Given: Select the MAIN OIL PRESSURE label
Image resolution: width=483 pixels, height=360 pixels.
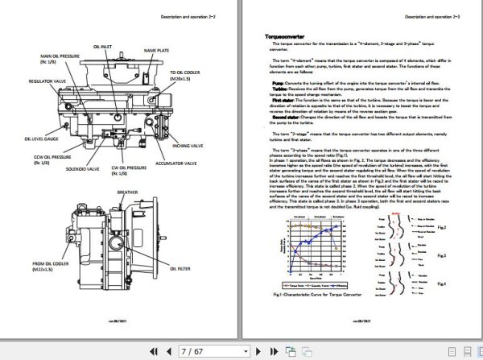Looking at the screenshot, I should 61,59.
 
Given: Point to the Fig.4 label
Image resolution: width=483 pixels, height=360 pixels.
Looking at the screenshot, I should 442,283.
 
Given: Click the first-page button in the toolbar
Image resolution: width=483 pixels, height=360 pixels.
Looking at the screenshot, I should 154,350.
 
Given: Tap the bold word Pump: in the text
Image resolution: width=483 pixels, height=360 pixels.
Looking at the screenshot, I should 277,83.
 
